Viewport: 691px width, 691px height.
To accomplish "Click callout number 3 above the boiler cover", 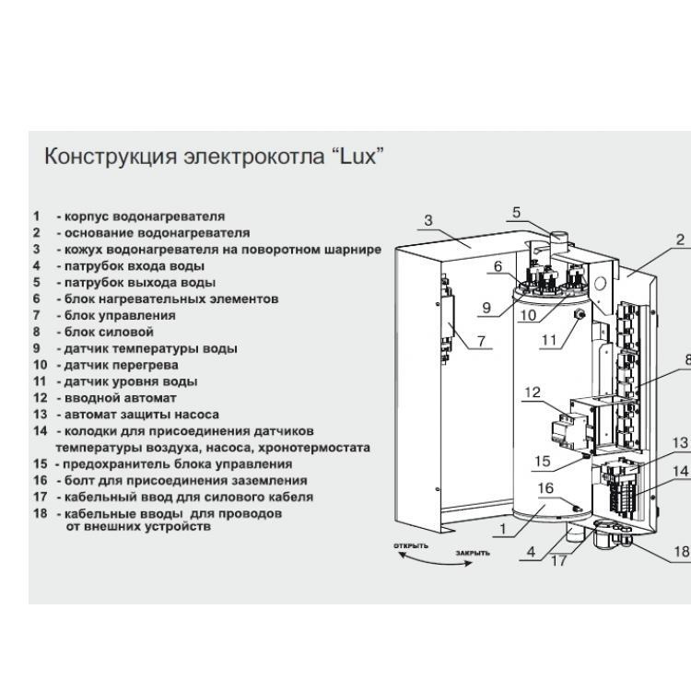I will [428, 220].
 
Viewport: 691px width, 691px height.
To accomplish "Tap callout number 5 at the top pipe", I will [517, 213].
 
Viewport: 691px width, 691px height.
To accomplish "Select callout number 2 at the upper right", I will [680, 240].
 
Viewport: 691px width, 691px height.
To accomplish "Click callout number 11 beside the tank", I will [550, 340].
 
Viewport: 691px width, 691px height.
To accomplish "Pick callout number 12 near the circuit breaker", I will [531, 393].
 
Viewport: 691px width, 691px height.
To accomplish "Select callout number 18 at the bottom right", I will [681, 552].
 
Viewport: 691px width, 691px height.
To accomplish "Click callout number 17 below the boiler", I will [559, 560].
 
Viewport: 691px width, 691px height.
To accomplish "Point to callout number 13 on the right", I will [680, 443].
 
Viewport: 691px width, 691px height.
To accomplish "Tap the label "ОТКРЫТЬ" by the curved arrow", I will [412, 546].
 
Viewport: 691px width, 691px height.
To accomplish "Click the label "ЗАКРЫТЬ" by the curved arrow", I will [472, 554].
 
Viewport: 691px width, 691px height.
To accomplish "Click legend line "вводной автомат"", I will [115, 397].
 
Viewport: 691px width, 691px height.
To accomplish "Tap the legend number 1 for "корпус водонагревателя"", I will [37, 217].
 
